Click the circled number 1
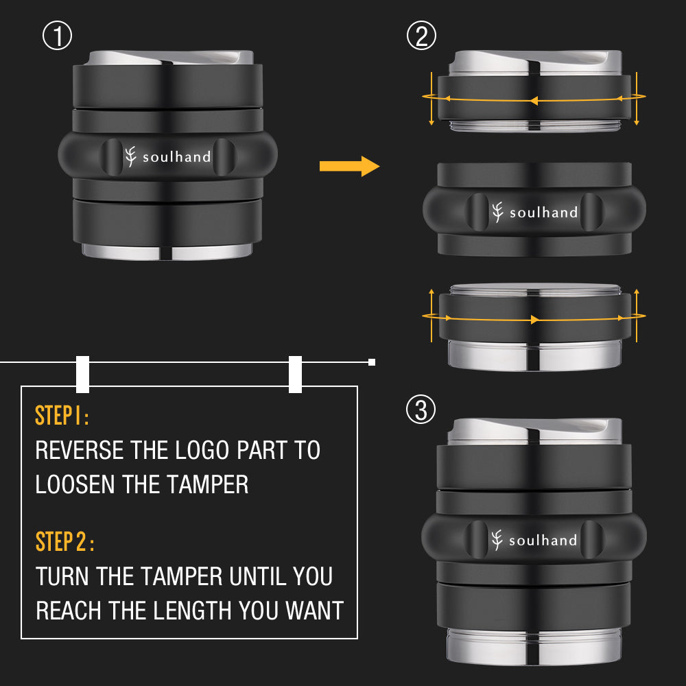click(58, 36)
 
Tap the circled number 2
click(421, 36)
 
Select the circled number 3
click(421, 410)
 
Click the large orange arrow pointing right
click(350, 166)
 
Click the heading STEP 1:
click(62, 415)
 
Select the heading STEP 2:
click(64, 542)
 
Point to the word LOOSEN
click(75, 484)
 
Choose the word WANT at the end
click(315, 611)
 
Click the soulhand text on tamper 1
click(177, 156)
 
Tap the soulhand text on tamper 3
click(543, 541)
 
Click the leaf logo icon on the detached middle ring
click(497, 212)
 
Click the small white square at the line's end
click(372, 362)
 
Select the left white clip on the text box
click(83, 374)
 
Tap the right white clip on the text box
click(295, 374)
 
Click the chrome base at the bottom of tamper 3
click(534, 647)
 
